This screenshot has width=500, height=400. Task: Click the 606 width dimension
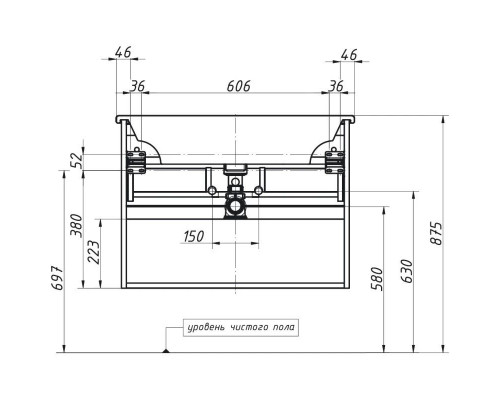pos(236,87)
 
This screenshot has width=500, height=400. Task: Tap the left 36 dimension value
pos(139,87)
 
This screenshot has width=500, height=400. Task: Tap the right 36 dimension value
pos(336,87)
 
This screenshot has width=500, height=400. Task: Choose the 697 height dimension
pos(58,281)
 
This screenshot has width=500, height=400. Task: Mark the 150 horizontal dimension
pos(194,237)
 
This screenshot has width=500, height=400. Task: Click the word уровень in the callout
pos(208,326)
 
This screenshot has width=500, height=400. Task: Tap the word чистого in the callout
pos(250,326)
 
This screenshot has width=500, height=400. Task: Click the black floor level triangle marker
pos(165,349)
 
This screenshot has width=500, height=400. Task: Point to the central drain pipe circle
pos(235,209)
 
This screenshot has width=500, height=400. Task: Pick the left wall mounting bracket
pos(137,158)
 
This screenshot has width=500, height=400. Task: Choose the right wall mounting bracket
pos(334,158)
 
